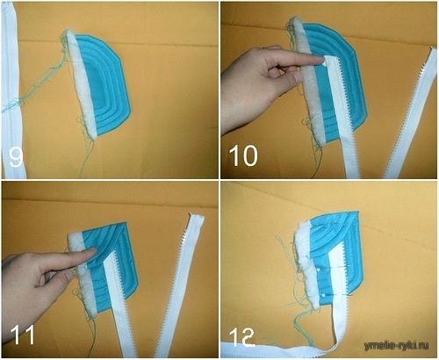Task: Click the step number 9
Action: click(16, 157)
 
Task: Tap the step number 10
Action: click(243, 156)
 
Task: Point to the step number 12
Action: click(241, 337)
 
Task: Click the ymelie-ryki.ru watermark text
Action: click(396, 346)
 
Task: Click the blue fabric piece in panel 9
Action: click(107, 87)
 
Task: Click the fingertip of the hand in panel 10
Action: click(322, 61)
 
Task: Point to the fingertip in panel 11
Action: click(93, 250)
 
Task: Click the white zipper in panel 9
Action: click(11, 90)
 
